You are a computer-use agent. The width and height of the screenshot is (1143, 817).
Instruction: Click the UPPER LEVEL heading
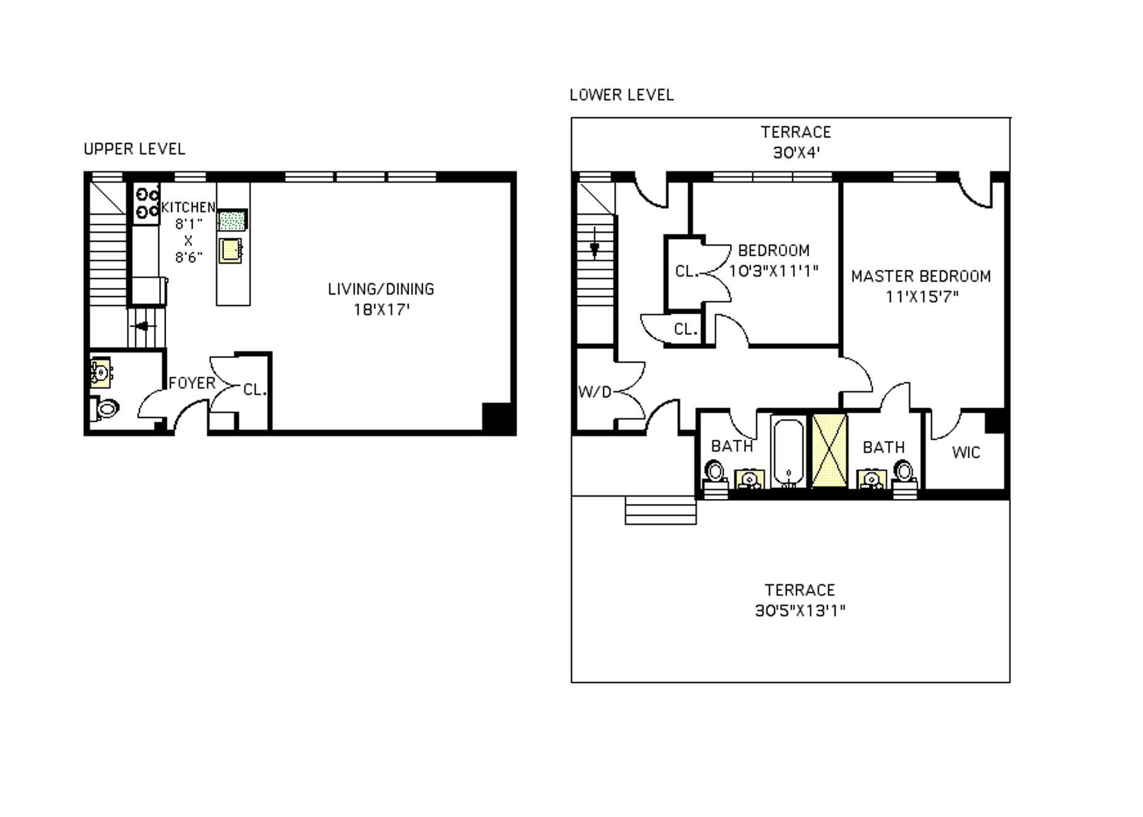135,149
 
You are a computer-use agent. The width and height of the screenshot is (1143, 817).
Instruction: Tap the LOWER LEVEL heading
621,94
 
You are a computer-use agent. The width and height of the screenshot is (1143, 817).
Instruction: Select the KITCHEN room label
188,207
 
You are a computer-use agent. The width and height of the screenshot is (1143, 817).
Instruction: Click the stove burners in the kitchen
147,203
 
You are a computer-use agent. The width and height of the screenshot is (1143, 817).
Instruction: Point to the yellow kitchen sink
230,250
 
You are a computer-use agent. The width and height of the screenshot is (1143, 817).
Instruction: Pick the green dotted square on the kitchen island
232,220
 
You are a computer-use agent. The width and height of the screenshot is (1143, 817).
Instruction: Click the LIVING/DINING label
381,289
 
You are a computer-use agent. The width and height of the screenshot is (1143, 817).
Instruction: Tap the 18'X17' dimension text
381,309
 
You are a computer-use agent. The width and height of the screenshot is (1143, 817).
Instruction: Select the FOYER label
192,383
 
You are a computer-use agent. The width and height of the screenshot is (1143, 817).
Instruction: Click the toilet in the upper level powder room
106,408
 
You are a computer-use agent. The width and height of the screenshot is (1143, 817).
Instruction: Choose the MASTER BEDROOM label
921,276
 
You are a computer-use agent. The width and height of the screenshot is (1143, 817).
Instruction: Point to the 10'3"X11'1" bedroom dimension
773,270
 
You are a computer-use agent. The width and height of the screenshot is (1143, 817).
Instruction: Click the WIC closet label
966,453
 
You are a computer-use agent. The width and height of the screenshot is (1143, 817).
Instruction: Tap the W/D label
594,392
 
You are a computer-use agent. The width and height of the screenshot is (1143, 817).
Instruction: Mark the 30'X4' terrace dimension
796,152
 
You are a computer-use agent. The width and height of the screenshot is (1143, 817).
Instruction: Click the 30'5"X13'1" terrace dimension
800,611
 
